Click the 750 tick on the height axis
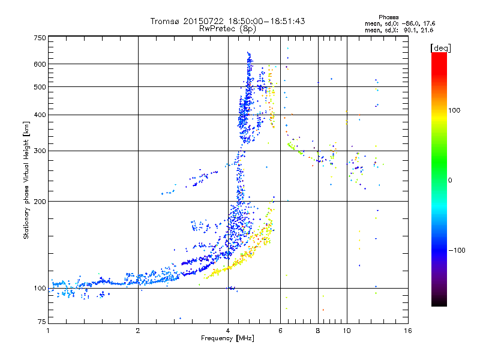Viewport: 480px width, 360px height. click(40, 37)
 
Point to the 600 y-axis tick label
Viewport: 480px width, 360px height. click(40, 64)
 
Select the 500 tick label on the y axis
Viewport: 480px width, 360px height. click(40, 87)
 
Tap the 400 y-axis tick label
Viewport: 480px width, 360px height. click(40, 115)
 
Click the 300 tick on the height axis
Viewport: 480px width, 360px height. click(40, 151)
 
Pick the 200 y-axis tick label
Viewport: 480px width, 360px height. click(40, 202)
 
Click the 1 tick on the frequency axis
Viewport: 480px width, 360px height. click(48, 331)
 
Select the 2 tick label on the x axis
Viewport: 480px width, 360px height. click(138, 331)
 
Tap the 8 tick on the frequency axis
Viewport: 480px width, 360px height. click(318, 331)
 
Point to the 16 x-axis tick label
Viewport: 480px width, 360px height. click(407, 331)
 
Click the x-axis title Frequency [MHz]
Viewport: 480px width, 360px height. click(228, 338)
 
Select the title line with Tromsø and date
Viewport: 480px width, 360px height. click(228, 21)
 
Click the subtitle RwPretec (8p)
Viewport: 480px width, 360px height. click(228, 28)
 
